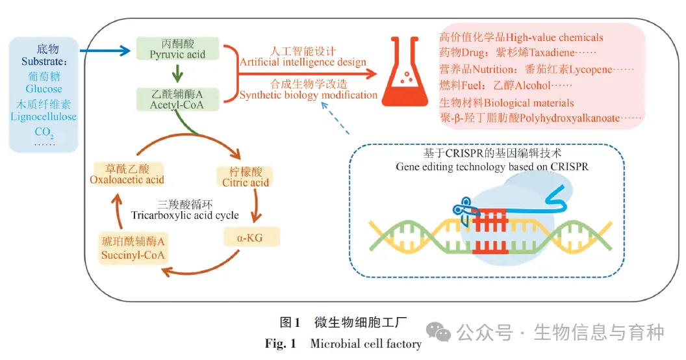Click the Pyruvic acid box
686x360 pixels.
pyautogui.click(x=177, y=49)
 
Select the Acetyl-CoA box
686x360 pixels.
pyautogui.click(x=177, y=99)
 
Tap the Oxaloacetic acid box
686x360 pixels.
pyautogui.click(x=127, y=174)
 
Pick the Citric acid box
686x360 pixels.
pyautogui.click(x=245, y=177)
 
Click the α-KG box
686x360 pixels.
pyautogui.click(x=251, y=237)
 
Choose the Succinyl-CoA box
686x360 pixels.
pyautogui.click(x=133, y=248)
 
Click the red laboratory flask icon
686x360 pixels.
pyautogui.click(x=405, y=71)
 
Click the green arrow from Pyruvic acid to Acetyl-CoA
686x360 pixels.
pyautogui.click(x=177, y=73)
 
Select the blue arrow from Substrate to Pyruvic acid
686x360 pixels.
pyautogui.click(x=105, y=51)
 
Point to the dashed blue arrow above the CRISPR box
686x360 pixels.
pyautogui.click(x=335, y=118)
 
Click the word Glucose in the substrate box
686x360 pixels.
pyautogui.click(x=44, y=89)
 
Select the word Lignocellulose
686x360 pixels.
pyautogui.click(x=44, y=117)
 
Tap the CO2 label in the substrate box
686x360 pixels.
pyautogui.click(x=44, y=132)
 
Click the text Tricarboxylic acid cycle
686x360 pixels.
pyautogui.click(x=185, y=215)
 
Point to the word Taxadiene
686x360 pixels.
pyautogui.click(x=552, y=53)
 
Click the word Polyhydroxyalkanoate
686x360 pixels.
pyautogui.click(x=570, y=118)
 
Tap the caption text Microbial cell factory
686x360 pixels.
pyautogui.click(x=366, y=344)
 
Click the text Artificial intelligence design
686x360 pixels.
pyautogui.click(x=303, y=62)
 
